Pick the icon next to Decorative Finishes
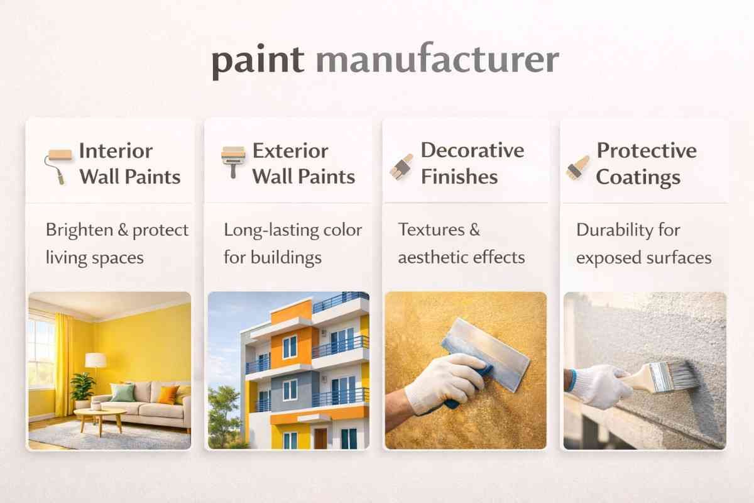tap(402, 165)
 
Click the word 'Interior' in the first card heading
tap(116, 152)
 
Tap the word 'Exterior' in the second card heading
tap(290, 152)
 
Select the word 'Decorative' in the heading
tap(472, 151)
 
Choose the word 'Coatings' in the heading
tap(638, 177)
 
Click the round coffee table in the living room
tap(100, 415)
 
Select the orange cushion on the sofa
tap(168, 394)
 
